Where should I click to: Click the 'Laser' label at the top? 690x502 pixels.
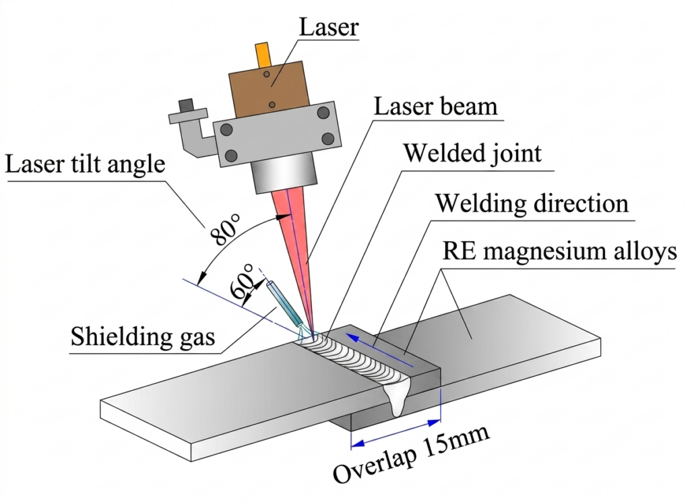pyautogui.click(x=329, y=27)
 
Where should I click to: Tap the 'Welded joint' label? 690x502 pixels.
pyautogui.click(x=472, y=154)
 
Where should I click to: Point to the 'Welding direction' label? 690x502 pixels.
pyautogui.click(x=532, y=203)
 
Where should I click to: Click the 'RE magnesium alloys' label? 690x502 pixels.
pyautogui.click(x=559, y=252)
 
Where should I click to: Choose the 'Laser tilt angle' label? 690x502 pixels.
pyautogui.click(x=85, y=165)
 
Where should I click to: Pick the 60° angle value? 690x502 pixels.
pyautogui.click(x=242, y=281)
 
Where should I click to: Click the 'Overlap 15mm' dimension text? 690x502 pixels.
pyautogui.click(x=411, y=453)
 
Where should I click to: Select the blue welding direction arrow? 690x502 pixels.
pyautogui.click(x=380, y=350)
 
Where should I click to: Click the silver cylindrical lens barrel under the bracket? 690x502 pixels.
pyautogui.click(x=284, y=175)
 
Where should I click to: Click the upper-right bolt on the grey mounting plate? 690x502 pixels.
pyautogui.click(x=323, y=112)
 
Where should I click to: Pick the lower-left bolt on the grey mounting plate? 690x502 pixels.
pyautogui.click(x=231, y=155)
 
